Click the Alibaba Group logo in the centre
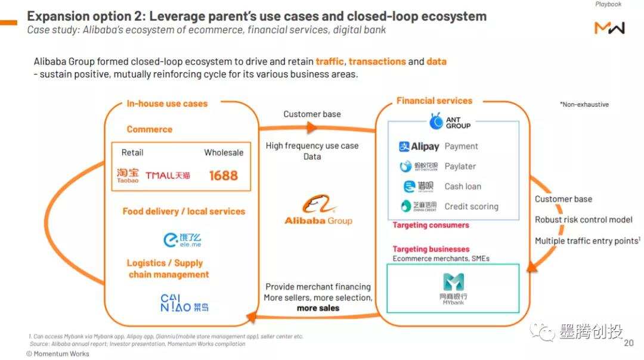click(318, 211)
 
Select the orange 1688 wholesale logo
click(223, 175)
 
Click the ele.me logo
click(182, 240)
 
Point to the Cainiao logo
click(184, 303)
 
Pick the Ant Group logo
click(450, 122)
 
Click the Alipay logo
click(419, 147)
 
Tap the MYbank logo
click(454, 288)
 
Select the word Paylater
click(460, 166)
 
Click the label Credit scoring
click(471, 206)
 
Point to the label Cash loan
click(463, 186)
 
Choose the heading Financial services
click(434, 101)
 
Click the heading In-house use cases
click(167, 104)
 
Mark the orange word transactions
click(377, 61)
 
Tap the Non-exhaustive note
click(584, 104)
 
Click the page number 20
click(628, 343)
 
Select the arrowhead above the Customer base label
click(311, 127)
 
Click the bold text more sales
click(318, 308)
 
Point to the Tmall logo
click(168, 175)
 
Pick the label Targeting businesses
click(431, 249)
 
